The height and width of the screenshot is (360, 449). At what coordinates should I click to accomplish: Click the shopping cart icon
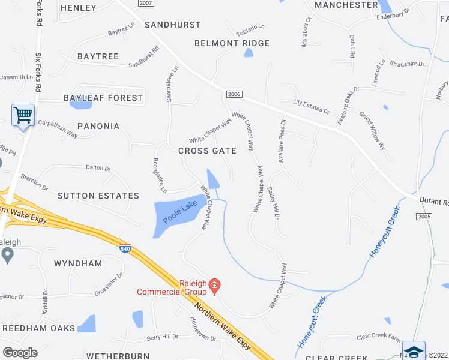23,114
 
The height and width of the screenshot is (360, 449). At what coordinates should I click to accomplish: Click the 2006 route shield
234,94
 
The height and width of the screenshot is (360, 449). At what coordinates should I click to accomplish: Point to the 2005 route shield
423,216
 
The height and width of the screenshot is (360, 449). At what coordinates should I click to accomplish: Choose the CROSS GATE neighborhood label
207,151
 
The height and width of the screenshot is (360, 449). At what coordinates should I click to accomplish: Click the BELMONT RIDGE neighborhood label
232,43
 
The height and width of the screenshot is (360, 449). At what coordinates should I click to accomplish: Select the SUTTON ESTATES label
98,196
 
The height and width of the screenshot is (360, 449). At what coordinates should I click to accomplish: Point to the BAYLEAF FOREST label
103,97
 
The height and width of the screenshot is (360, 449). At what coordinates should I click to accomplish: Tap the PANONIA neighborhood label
90,127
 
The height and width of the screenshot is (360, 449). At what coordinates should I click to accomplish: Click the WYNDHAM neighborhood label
78,263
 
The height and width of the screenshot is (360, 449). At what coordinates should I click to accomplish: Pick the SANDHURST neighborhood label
173,25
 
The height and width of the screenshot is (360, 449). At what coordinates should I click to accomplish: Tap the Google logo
19,353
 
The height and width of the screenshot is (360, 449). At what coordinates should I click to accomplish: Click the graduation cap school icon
414,350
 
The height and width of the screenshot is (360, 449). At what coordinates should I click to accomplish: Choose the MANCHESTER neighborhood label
346,5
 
